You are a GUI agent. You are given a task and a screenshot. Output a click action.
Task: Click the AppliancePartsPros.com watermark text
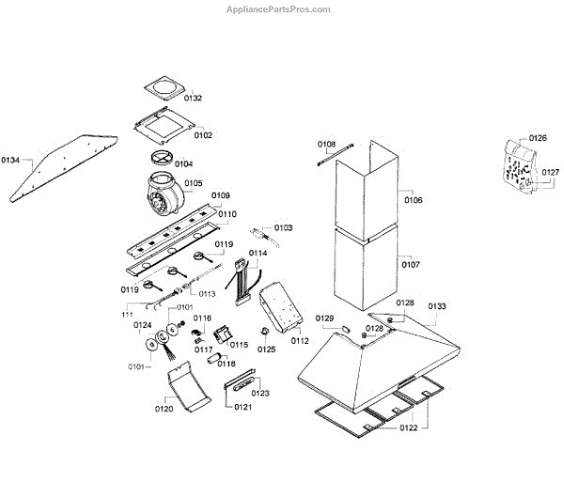coord(279,9)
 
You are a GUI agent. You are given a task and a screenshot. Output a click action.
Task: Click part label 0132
coord(193,98)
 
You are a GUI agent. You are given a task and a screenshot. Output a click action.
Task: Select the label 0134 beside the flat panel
coord(11,159)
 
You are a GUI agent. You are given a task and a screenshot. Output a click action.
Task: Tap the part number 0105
coord(193,183)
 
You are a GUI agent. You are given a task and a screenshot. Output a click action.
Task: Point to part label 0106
coord(413,200)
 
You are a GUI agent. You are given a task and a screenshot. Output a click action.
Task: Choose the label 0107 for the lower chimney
coord(412,265)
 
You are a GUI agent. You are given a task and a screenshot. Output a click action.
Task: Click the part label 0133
coord(437,306)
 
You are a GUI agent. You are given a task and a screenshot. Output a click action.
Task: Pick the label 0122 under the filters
coord(408,428)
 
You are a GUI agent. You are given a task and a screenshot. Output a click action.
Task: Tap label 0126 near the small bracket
coord(537,138)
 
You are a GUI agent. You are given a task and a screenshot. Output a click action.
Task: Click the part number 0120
coord(164,410)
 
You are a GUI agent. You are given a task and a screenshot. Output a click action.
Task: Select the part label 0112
coord(299,340)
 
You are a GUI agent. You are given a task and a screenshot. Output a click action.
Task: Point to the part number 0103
coord(283,228)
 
